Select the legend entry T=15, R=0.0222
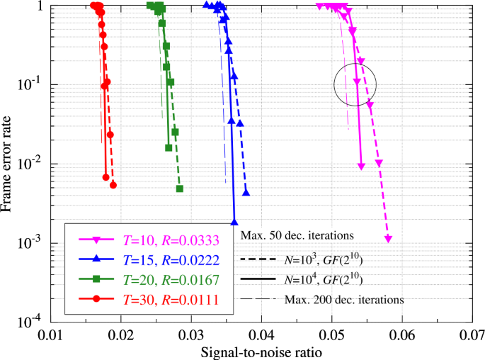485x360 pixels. pyautogui.click(x=156, y=260)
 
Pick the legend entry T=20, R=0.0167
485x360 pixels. pyautogui.click(x=156, y=281)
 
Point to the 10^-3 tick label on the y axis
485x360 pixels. pyautogui.click(x=33, y=242)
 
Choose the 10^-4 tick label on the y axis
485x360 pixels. pyautogui.click(x=33, y=320)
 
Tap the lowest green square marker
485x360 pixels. pyautogui.click(x=180, y=189)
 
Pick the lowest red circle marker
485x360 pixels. pyautogui.click(x=113, y=185)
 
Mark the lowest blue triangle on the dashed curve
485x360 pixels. pyautogui.click(x=246, y=192)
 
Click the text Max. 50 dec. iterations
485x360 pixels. pyautogui.click(x=297, y=235)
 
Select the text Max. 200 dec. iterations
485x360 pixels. pyautogui.click(x=344, y=300)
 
